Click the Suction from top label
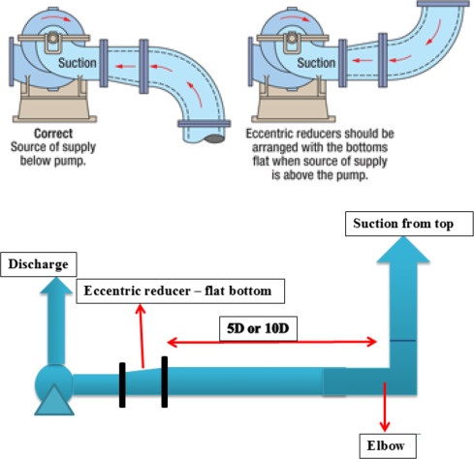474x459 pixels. (x=410, y=225)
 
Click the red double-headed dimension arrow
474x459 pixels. (x=272, y=341)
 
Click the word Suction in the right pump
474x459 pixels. (x=315, y=62)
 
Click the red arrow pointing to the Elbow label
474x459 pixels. (x=385, y=407)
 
